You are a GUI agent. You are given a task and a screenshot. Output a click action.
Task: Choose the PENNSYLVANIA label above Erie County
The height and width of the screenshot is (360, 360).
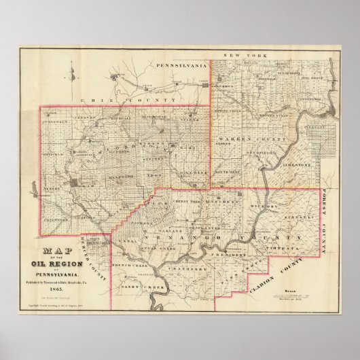tap(181, 65)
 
